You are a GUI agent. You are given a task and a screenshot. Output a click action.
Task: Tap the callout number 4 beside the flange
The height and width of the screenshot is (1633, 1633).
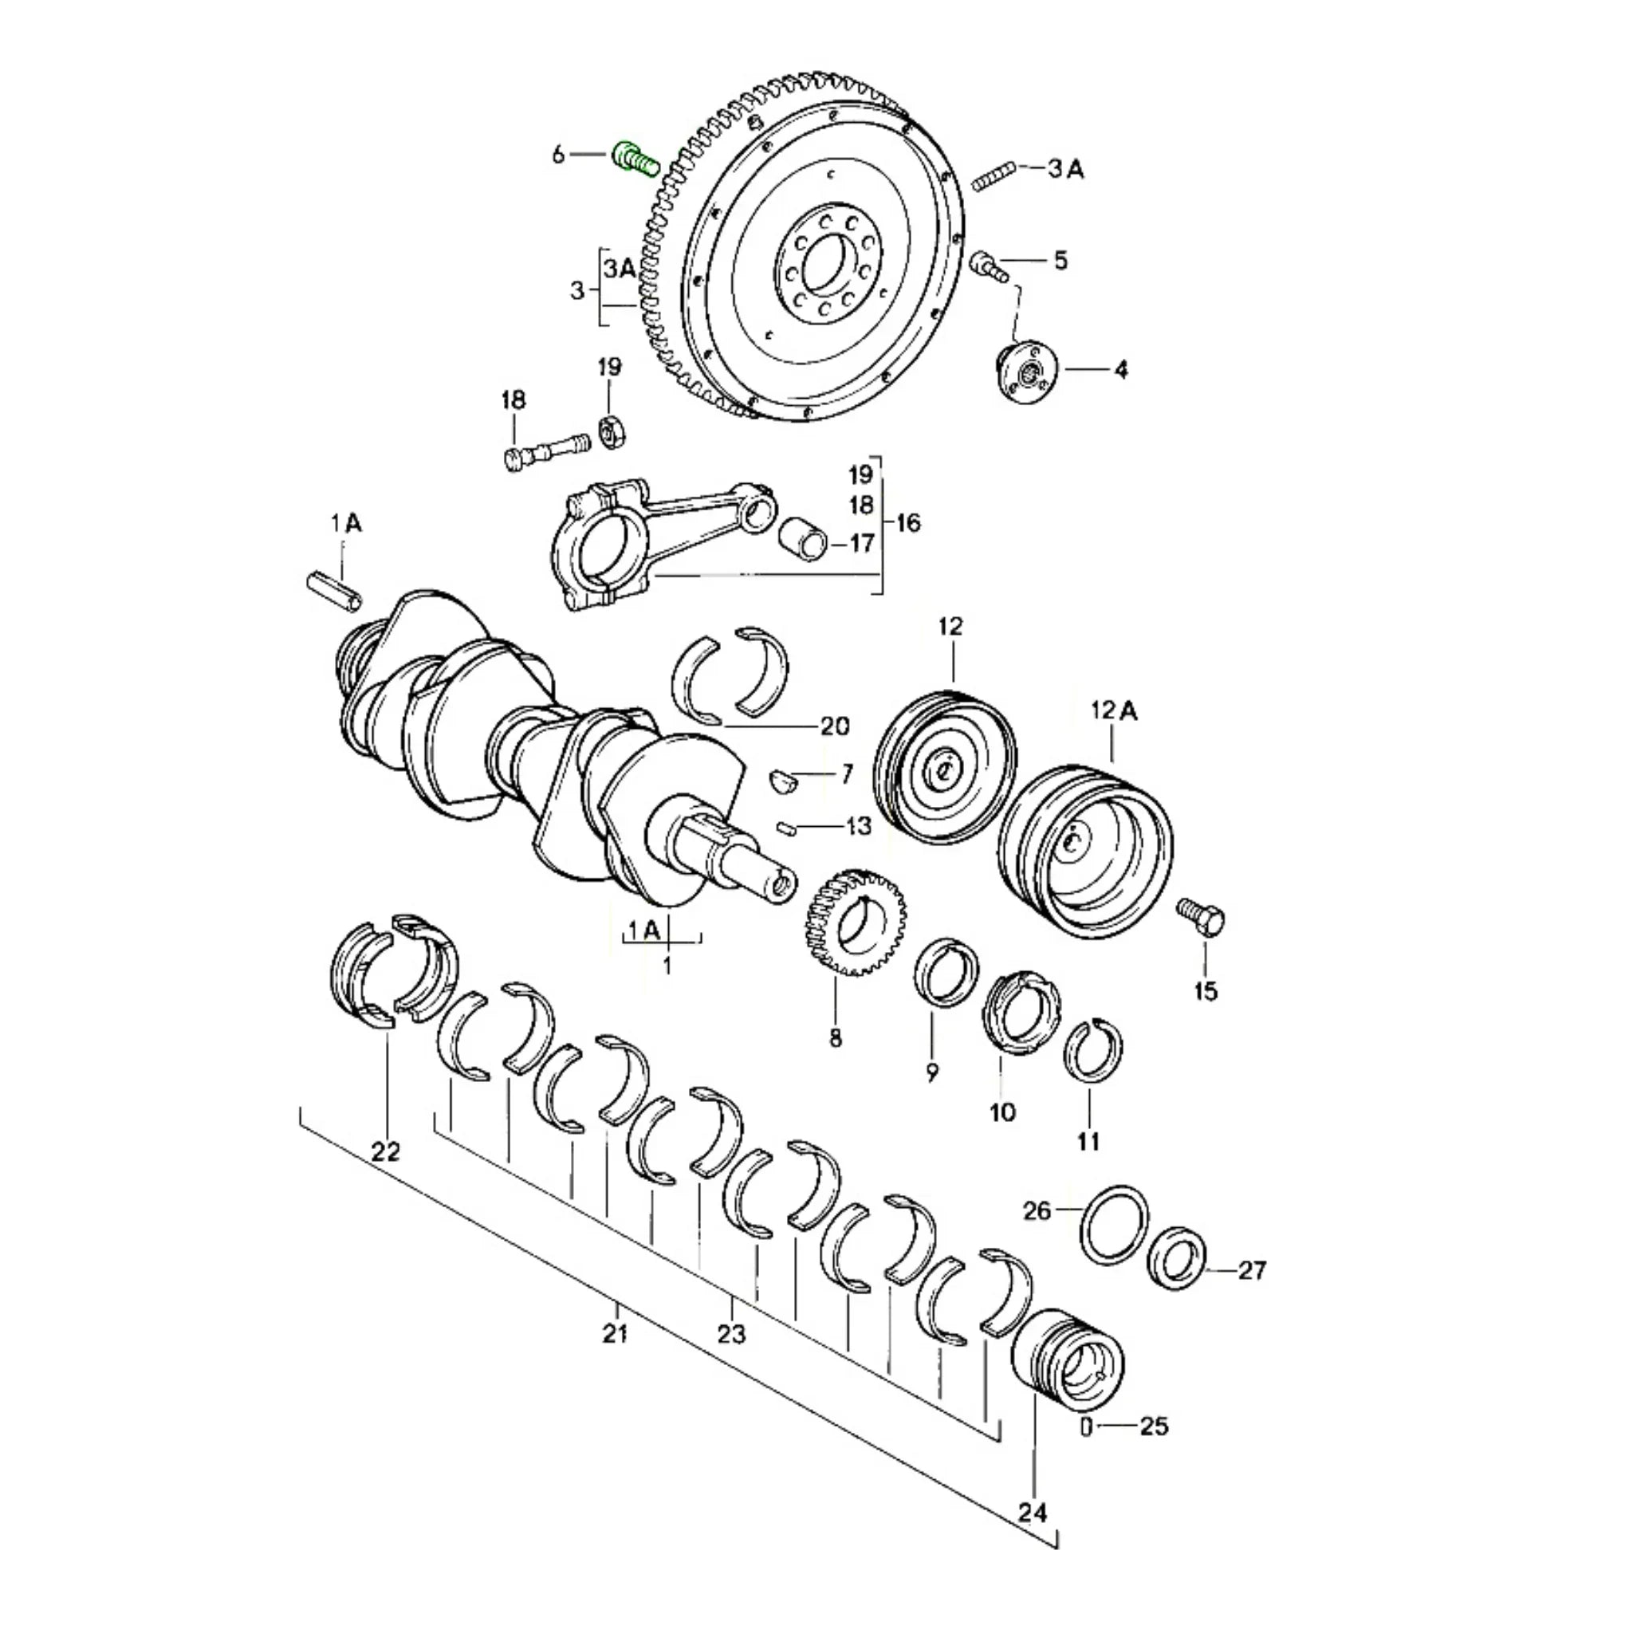tap(1121, 369)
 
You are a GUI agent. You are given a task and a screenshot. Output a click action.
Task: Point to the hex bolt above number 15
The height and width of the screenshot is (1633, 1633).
tap(1202, 917)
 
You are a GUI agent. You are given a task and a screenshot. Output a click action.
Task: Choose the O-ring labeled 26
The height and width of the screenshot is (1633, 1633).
tap(1115, 1226)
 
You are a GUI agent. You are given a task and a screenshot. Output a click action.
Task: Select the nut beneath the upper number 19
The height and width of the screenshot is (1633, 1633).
tap(609, 432)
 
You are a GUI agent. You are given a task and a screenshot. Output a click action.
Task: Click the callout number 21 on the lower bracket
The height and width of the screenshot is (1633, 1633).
tap(616, 1335)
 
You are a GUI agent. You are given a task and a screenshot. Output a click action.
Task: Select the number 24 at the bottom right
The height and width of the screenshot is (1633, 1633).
tap(1032, 1512)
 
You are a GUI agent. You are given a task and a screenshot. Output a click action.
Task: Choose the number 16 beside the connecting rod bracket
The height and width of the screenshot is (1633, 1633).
tap(907, 523)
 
